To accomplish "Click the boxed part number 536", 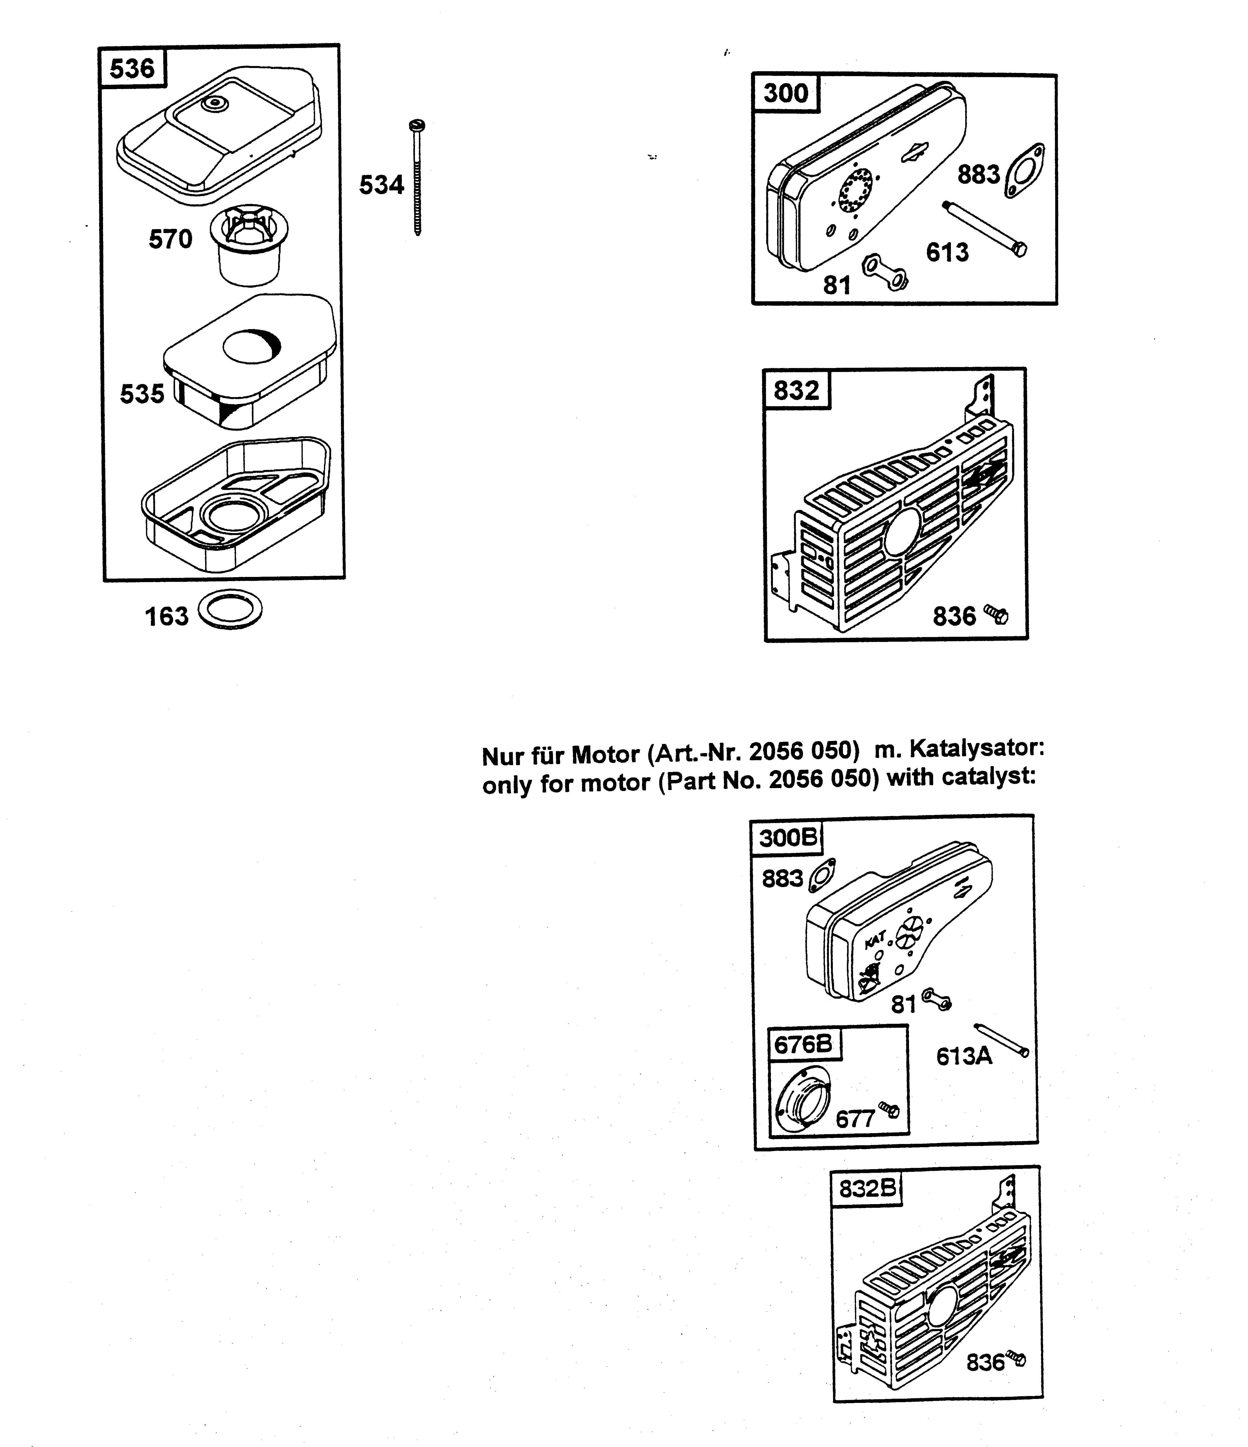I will click(x=132, y=68).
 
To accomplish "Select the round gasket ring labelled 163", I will click(x=230, y=610).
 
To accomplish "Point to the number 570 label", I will click(x=170, y=239).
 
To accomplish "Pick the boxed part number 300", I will click(x=785, y=93).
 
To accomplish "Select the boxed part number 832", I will click(x=796, y=390).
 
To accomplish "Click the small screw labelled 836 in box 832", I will click(x=997, y=615).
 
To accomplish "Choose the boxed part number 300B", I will click(x=787, y=837).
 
